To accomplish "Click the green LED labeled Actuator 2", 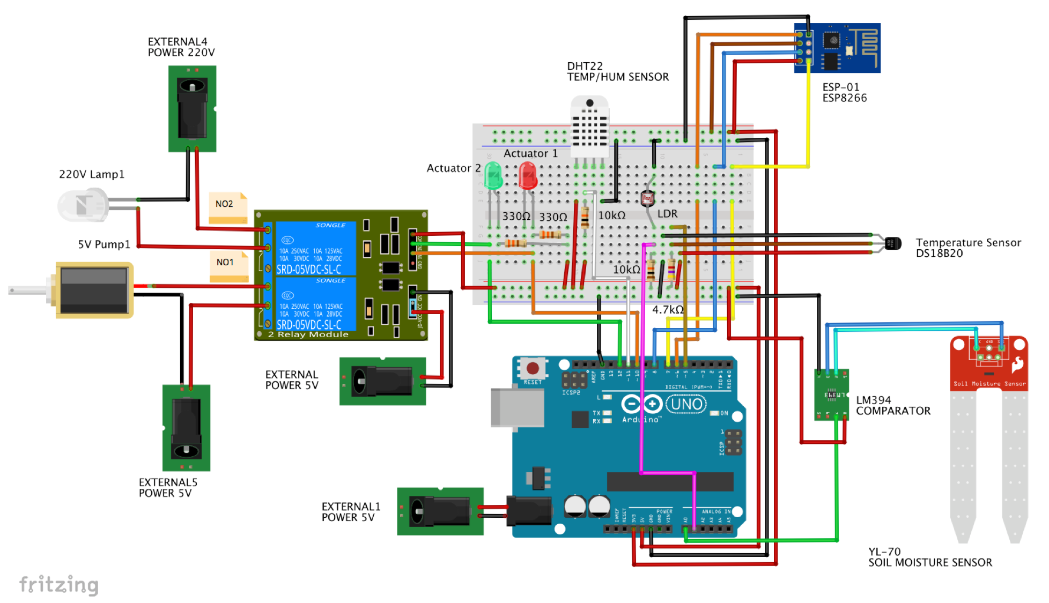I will pos(493,176).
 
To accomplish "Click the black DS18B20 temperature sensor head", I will pos(893,243).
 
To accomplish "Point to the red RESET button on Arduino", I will pos(533,368).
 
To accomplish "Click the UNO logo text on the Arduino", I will pos(686,404).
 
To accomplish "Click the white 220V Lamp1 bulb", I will pos(83,205).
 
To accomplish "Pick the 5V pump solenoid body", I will pos(94,290).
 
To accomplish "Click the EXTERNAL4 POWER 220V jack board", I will pos(192,109).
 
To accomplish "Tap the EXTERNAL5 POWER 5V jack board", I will pos(186,428).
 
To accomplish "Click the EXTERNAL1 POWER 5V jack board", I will pos(440,511).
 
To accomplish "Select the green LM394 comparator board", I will pos(831,395).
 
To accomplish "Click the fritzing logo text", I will pos(59,584).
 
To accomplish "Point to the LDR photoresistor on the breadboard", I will pos(647,199).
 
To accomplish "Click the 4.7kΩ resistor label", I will pos(667,310).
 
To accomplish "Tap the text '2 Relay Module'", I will pos(308,334).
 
